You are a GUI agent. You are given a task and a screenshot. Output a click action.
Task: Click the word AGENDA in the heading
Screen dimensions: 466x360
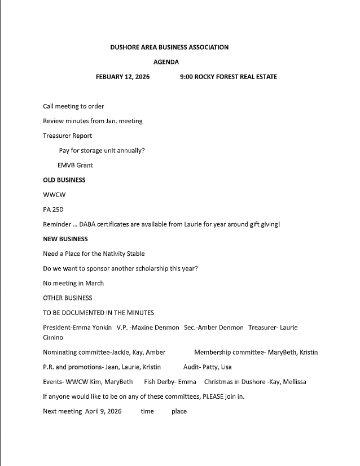pyautogui.click(x=166, y=62)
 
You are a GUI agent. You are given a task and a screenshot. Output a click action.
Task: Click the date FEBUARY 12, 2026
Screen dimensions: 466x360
pyautogui.click(x=122, y=77)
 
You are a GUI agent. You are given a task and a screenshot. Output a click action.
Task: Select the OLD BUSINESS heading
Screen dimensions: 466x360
pyautogui.click(x=64, y=180)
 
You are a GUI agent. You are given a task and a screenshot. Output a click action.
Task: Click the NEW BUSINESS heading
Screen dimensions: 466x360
pyautogui.click(x=65, y=239)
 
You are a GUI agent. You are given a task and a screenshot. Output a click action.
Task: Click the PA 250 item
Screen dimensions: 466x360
pyautogui.click(x=52, y=210)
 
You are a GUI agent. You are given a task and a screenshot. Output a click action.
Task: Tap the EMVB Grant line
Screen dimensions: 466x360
pyautogui.click(x=75, y=166)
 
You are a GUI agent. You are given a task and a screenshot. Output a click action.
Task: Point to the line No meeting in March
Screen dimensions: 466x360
pyautogui.click(x=73, y=283)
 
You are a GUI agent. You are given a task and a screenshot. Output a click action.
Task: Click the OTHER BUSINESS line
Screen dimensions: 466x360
pyautogui.click(x=67, y=298)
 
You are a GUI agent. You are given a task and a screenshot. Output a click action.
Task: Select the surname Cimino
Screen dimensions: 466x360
pyautogui.click(x=53, y=338)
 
